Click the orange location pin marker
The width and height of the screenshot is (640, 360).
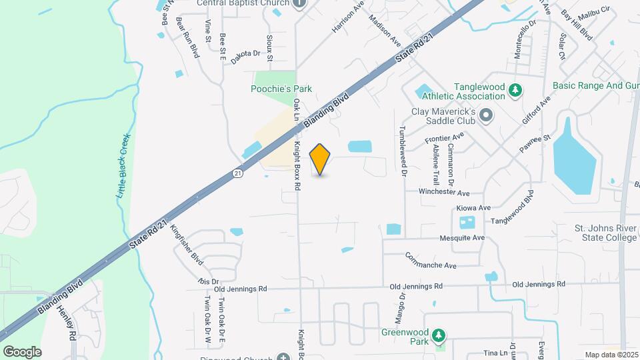(x=320, y=159)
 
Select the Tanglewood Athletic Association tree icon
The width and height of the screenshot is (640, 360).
(x=515, y=89)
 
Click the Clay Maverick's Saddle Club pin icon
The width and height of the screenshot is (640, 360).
(x=486, y=115)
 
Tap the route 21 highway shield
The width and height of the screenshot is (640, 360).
(x=238, y=173)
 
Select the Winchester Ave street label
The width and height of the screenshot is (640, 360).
(x=443, y=192)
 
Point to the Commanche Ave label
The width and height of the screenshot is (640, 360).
(x=431, y=261)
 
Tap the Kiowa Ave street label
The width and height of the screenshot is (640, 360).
(x=473, y=208)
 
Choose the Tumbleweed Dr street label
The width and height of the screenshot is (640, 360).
(x=403, y=151)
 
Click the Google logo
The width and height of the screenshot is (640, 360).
(x=22, y=351)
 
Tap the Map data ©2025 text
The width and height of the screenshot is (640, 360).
(x=610, y=355)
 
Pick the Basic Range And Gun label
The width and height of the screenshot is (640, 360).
(x=596, y=86)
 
